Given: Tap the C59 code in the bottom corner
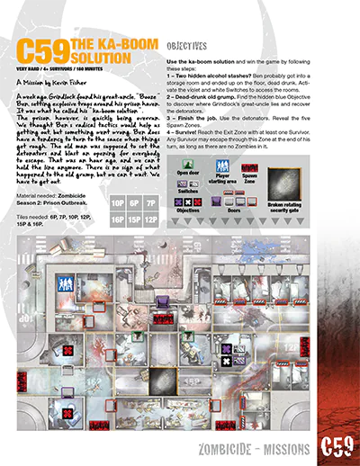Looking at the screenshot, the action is pos(336,447).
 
